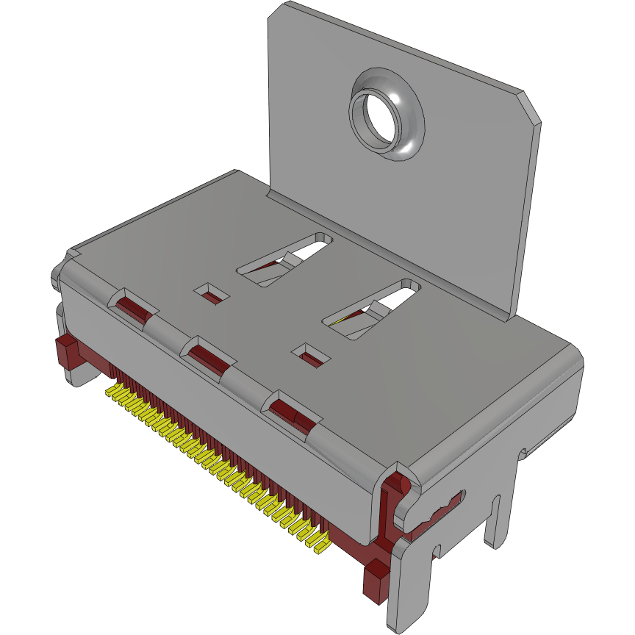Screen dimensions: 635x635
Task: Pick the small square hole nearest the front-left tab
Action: click(x=212, y=295)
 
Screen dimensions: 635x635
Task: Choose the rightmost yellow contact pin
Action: click(x=320, y=546)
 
